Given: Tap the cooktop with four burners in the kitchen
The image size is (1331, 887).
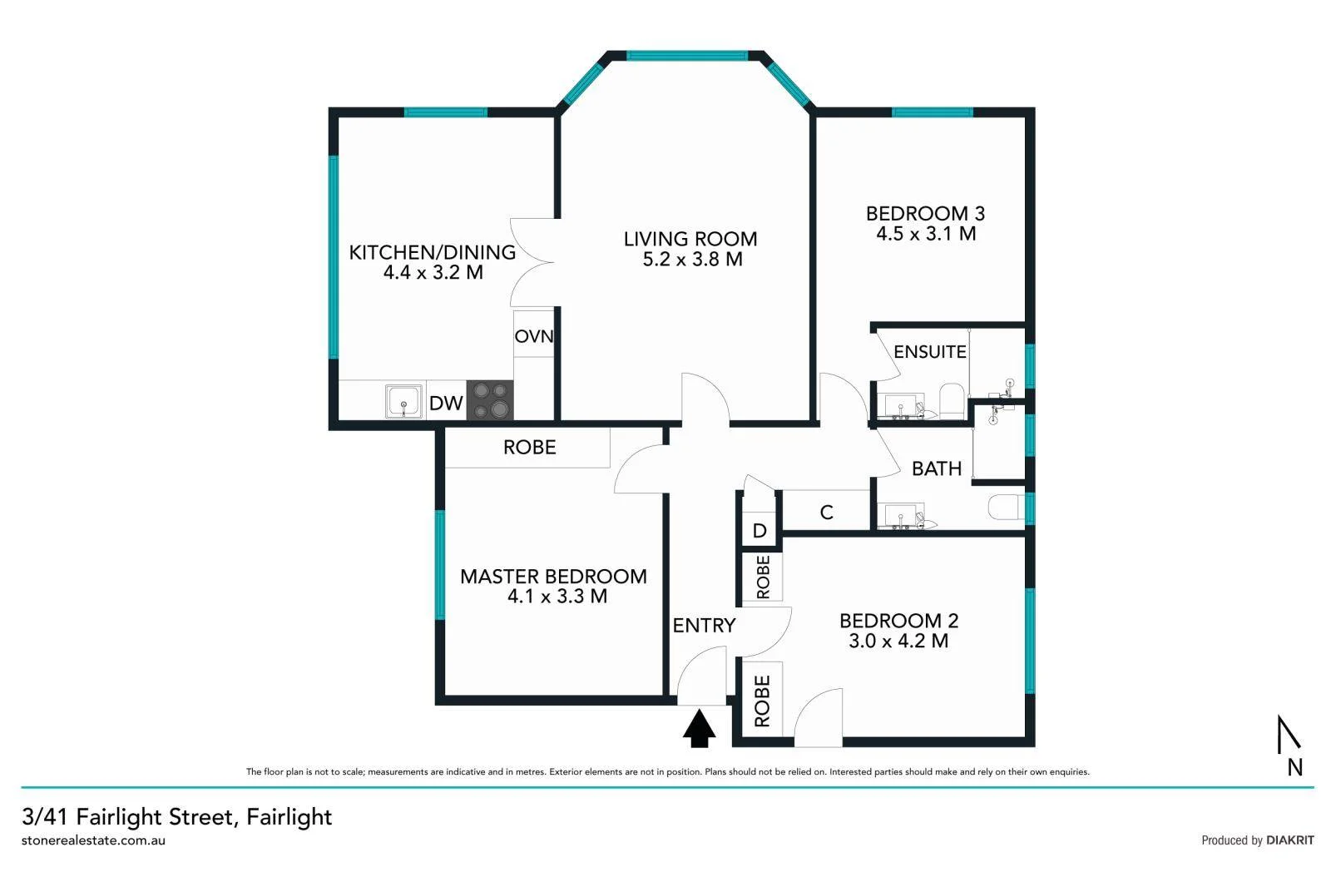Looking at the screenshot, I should click(489, 400).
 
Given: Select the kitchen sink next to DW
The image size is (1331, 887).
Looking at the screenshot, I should click(404, 401).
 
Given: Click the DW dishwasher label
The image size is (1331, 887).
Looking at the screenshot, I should click(446, 404).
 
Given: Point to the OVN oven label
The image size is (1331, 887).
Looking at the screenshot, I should click(533, 336).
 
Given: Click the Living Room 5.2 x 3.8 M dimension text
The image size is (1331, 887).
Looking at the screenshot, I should click(692, 260).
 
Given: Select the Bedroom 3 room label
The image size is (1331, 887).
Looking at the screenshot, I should click(925, 214).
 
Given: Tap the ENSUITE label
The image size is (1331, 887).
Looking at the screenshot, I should click(929, 352).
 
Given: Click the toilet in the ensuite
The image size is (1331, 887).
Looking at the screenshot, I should click(952, 399).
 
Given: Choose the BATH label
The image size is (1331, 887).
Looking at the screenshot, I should click(936, 468).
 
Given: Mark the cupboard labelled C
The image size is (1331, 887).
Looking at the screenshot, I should click(826, 513).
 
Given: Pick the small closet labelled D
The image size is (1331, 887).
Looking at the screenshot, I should click(759, 531).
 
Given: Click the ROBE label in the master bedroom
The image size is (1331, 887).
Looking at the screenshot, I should click(529, 448).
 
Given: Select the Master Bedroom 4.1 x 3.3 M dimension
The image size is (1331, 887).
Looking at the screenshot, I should click(557, 597).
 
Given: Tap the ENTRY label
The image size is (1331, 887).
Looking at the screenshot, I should click(704, 625).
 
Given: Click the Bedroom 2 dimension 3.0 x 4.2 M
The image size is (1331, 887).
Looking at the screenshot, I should click(898, 642).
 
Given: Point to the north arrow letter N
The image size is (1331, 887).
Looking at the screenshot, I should click(1294, 767).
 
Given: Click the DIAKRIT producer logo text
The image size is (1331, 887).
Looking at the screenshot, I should click(1289, 840).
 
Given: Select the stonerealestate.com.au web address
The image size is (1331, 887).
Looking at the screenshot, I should click(93, 840).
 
